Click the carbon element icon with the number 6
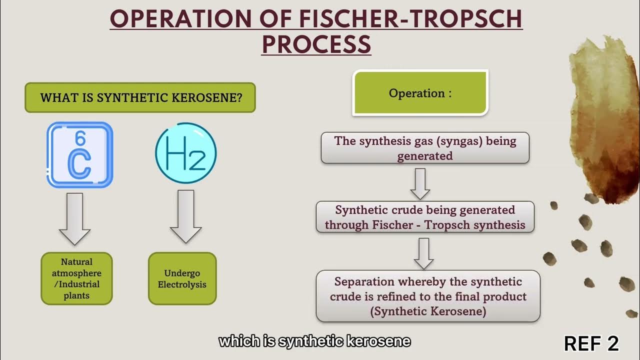[x=80, y=155]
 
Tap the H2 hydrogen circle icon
[x=185, y=153]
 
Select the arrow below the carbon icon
[x=74, y=219]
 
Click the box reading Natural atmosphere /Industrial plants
[x=76, y=278]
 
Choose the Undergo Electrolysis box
[x=182, y=278]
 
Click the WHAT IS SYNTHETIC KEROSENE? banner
[x=140, y=97]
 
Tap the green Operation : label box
[x=420, y=93]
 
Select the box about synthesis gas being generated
[x=425, y=148]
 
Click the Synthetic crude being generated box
[x=425, y=217]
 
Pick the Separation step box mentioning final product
[x=428, y=296]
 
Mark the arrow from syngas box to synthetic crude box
[x=420, y=183]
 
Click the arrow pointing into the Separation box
[x=424, y=253]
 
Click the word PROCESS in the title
[x=316, y=44]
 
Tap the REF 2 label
[x=591, y=343]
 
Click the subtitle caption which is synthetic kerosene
[x=314, y=342]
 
